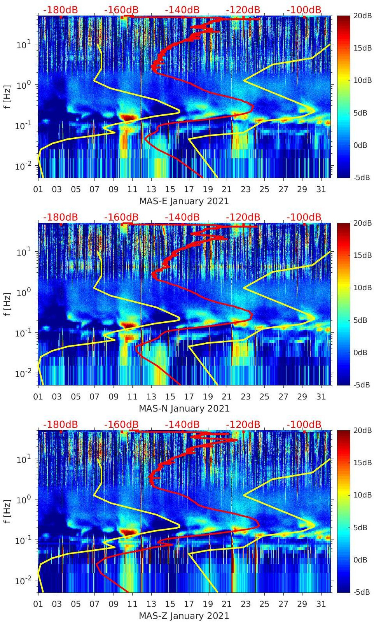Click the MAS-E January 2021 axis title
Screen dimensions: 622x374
(x=184, y=201)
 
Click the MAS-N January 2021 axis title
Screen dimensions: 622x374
(x=184, y=408)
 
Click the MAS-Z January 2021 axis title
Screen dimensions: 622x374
(x=184, y=616)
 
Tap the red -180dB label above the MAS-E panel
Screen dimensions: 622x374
(x=60, y=10)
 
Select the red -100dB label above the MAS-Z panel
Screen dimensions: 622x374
(x=304, y=424)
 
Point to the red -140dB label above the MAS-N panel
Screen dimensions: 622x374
(x=182, y=217)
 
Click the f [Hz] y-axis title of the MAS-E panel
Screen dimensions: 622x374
(x=8, y=96)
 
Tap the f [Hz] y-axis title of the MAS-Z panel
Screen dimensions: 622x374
(x=8, y=511)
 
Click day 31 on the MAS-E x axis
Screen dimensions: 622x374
(x=321, y=189)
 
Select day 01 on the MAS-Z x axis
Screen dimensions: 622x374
(x=38, y=604)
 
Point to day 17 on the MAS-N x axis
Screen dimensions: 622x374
(x=189, y=397)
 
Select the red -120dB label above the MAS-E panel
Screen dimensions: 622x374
(x=243, y=10)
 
